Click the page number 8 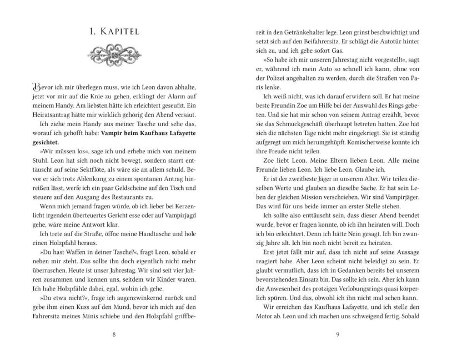114,334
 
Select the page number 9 338,334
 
